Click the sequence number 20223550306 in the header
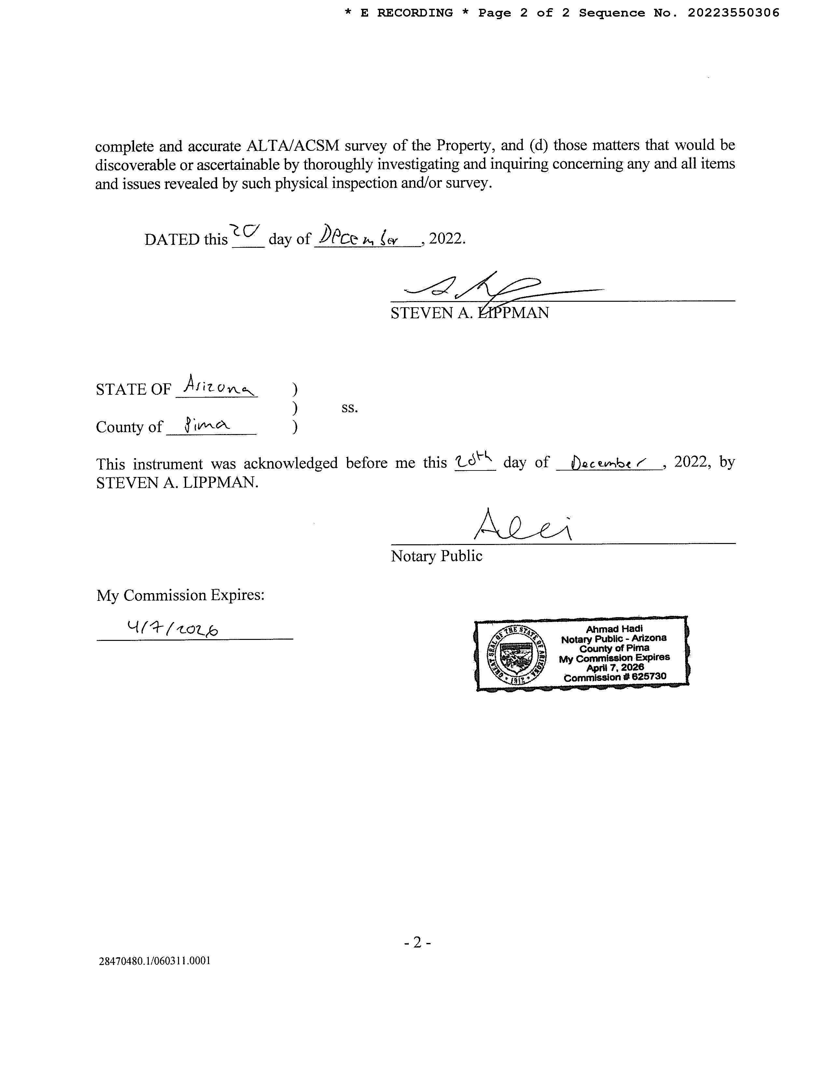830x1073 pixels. coord(733,13)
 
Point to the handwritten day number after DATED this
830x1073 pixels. coord(245,231)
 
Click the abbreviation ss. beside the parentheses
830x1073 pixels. coord(350,408)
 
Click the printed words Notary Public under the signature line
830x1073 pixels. coord(436,556)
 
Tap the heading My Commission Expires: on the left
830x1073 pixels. coord(180,595)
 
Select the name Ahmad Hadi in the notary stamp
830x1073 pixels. coord(614,629)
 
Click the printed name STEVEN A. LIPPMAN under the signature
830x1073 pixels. coord(470,313)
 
